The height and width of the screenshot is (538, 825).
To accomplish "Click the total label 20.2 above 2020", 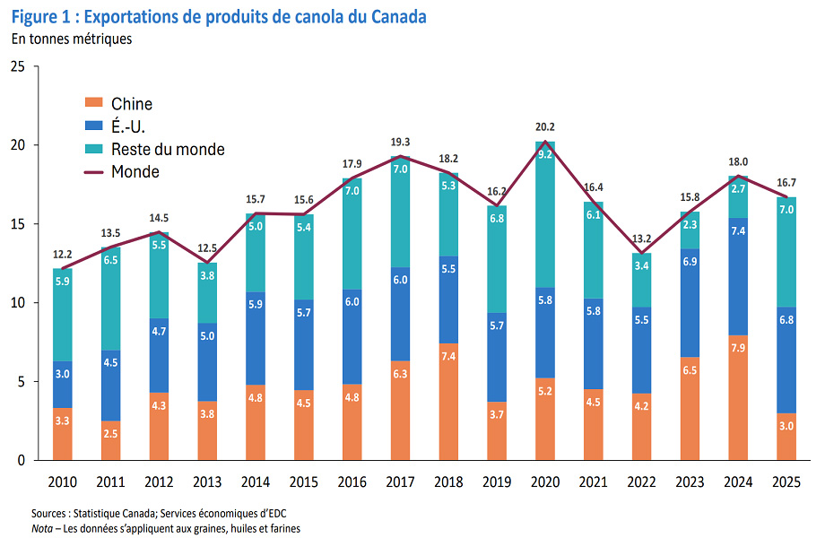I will (545, 126).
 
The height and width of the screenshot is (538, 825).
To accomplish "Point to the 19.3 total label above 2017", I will (400, 142).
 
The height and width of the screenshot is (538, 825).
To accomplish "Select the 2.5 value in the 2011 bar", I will (109, 434).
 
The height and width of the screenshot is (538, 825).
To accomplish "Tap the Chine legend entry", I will (131, 104).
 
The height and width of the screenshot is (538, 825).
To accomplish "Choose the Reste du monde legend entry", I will (167, 149).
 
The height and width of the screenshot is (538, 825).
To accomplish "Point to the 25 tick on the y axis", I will (18, 66).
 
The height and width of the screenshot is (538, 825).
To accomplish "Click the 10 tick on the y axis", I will (18, 303).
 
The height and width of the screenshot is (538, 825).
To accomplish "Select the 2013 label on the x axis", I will (206, 482).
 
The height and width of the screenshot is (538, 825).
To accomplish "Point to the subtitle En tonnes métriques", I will (72, 39).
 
